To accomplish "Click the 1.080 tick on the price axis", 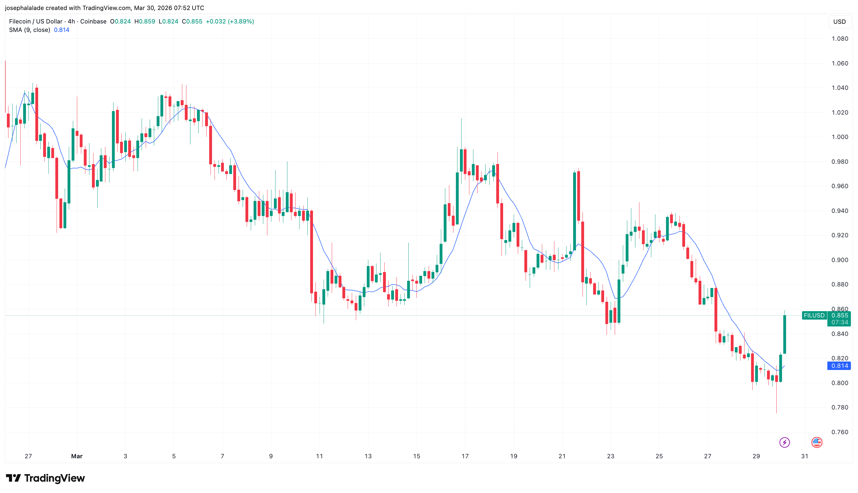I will (840, 39).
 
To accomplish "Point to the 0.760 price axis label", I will (840, 432).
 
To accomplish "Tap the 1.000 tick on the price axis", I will (840, 137).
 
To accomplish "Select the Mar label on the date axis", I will (77, 456).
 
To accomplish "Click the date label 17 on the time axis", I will (465, 456).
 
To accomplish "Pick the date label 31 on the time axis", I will (805, 456).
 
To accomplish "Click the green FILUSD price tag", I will (814, 315).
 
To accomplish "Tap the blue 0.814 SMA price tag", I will (839, 366).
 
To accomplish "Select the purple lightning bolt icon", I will (784, 442).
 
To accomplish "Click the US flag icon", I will (817, 442).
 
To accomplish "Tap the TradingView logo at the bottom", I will (45, 478).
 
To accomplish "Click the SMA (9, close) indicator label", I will (29, 30).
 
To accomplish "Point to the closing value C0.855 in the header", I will (192, 21).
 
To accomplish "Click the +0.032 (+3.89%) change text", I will (230, 21).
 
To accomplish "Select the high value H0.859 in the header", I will (145, 21).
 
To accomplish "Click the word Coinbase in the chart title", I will (93, 21).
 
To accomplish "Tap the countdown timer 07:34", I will (840, 322).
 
